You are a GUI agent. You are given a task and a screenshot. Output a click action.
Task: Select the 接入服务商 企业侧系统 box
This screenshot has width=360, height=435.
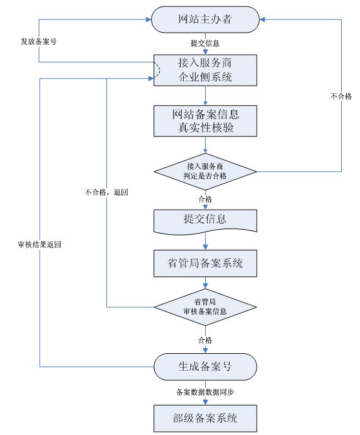205,70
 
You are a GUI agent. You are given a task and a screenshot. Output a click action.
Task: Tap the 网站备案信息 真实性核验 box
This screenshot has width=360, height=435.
205,121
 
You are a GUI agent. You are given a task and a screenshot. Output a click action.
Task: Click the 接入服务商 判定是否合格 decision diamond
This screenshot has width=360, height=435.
205,171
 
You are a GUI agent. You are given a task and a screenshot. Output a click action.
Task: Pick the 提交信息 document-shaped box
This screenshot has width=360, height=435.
205,220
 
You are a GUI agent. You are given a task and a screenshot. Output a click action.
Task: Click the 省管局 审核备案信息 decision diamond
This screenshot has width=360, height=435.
205,307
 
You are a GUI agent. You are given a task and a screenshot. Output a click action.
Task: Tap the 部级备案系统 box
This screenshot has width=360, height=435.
205,417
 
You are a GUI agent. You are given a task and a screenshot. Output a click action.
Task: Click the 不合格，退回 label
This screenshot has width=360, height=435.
106,191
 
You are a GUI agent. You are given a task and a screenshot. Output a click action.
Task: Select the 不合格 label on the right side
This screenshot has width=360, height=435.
340,96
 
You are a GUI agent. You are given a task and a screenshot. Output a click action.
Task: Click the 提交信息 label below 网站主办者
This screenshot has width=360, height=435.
205,43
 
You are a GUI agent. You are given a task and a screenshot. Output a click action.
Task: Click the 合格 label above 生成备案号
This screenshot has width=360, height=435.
205,340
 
